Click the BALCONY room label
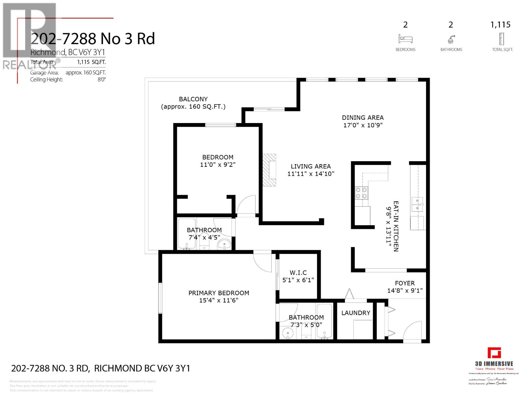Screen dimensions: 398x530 coord(193,99)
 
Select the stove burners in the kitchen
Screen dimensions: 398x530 coord(361,193)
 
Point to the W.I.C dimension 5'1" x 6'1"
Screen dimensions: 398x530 coord(298,280)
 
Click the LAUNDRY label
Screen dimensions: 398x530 coord(355,313)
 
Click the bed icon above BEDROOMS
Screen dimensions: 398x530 coord(405,39)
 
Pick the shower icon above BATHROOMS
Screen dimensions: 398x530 coord(451,39)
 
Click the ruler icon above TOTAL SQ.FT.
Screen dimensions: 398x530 coord(501,39)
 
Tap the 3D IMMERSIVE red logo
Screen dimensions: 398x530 coord(494,353)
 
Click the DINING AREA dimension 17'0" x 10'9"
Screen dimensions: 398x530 coord(363,125)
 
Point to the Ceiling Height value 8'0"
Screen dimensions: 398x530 coord(101,80)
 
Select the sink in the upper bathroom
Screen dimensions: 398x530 coord(225,245)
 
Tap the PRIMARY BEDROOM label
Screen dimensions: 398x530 coord(219,293)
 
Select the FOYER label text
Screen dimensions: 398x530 coord(404,283)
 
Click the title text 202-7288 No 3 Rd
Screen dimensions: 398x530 coord(93,39)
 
